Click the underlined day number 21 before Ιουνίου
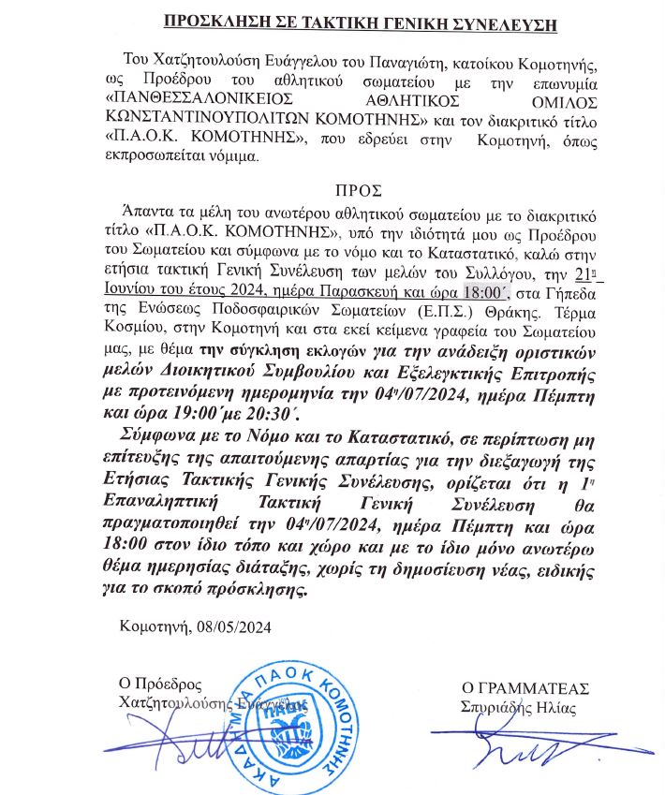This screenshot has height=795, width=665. [x=584, y=274]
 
